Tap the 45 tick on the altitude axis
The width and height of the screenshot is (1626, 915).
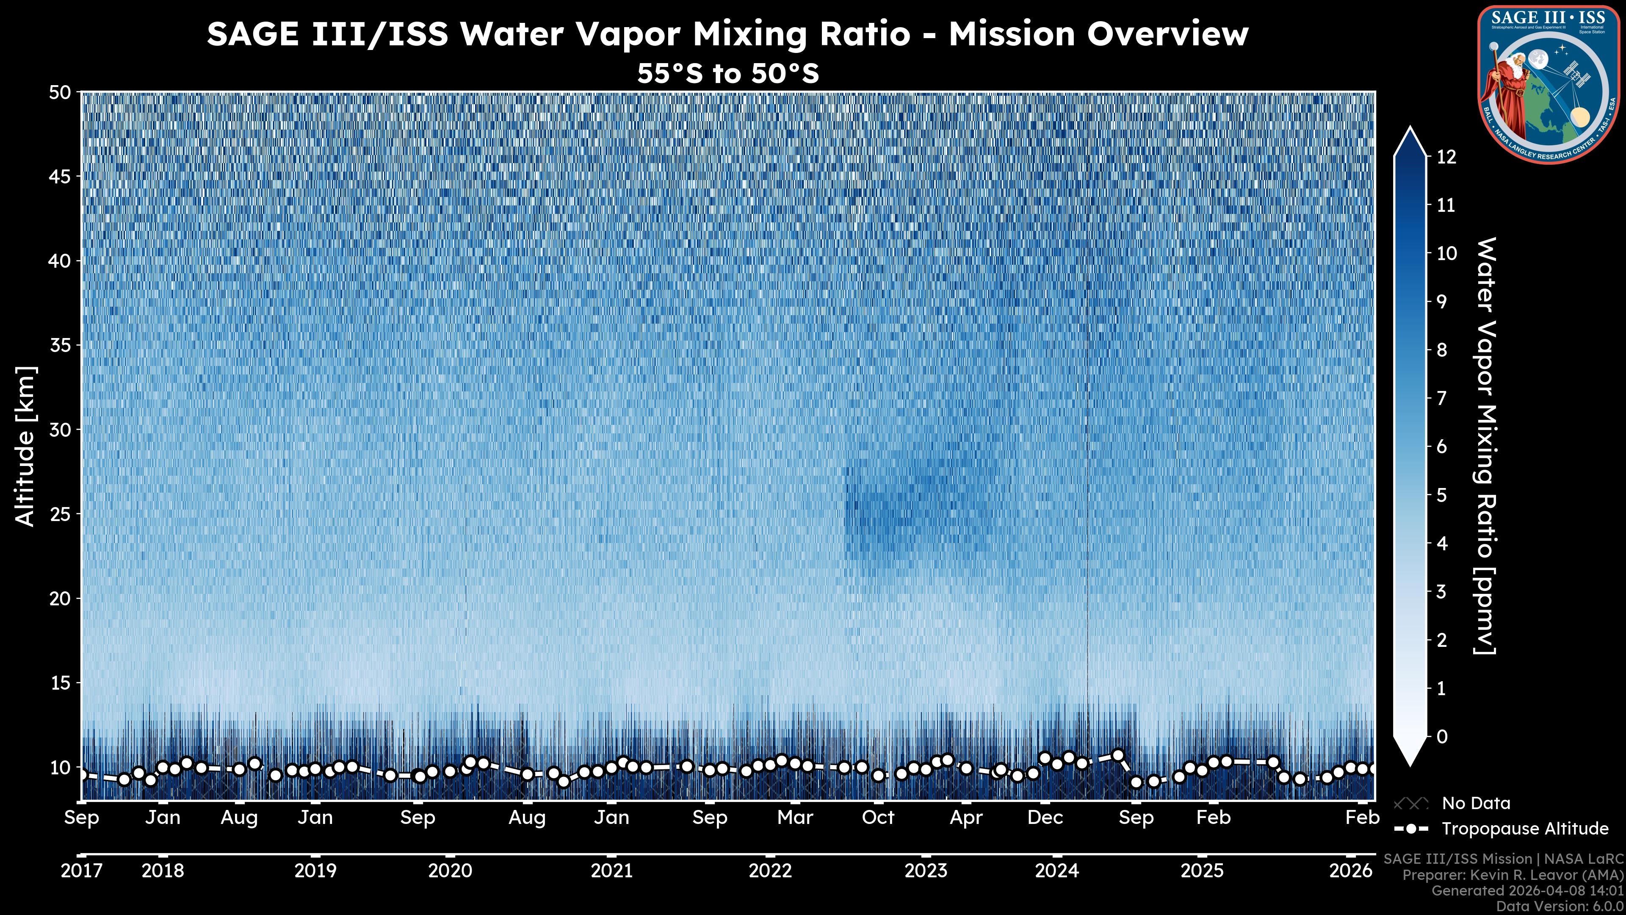click(60, 177)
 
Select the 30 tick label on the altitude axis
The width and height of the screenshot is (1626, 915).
click(60, 430)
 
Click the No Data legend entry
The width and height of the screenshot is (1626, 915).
click(1476, 803)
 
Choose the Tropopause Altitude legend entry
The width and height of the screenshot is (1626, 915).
click(1524, 829)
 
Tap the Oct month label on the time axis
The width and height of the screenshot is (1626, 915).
click(878, 818)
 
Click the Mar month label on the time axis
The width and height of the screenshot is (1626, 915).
click(795, 818)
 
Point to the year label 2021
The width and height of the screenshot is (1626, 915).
click(611, 871)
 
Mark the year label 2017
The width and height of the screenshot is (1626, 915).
click(81, 871)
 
